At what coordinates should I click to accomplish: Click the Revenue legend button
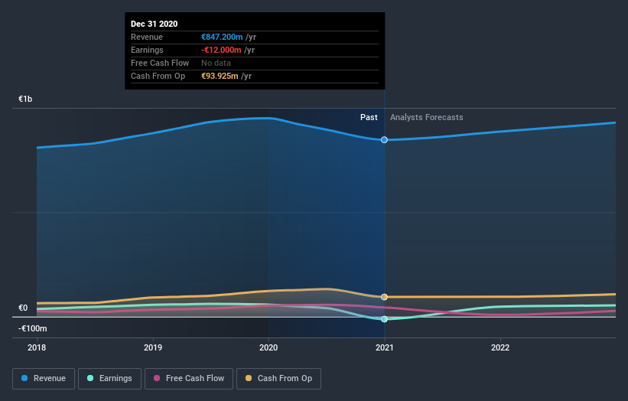[44, 378]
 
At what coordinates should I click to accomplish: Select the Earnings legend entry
[110, 378]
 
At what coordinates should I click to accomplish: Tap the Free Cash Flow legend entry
[189, 378]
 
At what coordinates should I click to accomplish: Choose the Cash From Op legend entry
[280, 378]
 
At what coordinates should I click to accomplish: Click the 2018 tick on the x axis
[37, 347]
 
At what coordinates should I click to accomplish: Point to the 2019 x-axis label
[153, 347]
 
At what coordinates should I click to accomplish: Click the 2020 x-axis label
[268, 347]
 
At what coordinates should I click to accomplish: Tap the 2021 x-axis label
[384, 347]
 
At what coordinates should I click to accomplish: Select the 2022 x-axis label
[500, 347]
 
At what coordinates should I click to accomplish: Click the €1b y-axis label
[26, 99]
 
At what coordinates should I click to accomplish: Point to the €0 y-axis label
[23, 308]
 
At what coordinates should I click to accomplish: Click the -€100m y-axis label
[34, 328]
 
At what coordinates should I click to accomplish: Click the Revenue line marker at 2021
[384, 140]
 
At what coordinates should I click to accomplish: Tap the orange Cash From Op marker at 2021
[384, 297]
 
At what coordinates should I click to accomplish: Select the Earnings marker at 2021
[384, 319]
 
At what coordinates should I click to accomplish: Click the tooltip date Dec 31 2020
[154, 24]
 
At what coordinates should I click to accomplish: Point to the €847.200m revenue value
[221, 37]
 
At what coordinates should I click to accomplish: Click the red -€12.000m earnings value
[222, 50]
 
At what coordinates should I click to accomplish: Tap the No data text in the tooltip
[216, 63]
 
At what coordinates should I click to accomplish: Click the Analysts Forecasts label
[426, 117]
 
